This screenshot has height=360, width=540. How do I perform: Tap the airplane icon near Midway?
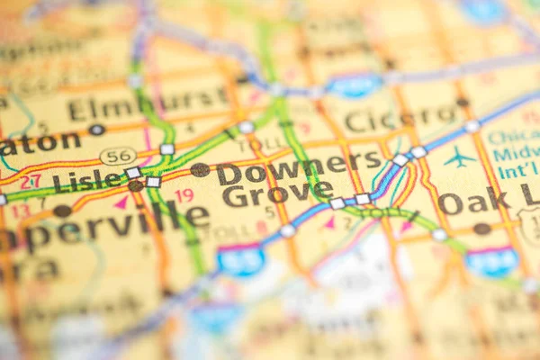(460, 157)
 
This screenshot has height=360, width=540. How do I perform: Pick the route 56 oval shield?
(118, 156)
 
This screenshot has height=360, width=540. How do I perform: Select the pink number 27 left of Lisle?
(31, 181)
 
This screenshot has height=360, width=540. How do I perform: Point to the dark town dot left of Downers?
(200, 169)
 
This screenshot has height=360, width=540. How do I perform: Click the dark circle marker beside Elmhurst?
(96, 130)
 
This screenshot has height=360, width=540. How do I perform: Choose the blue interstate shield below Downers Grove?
(241, 259)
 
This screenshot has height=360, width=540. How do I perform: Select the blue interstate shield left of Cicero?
(354, 86)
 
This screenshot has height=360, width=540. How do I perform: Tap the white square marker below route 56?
(133, 173)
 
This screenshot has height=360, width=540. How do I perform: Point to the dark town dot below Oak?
(482, 229)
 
